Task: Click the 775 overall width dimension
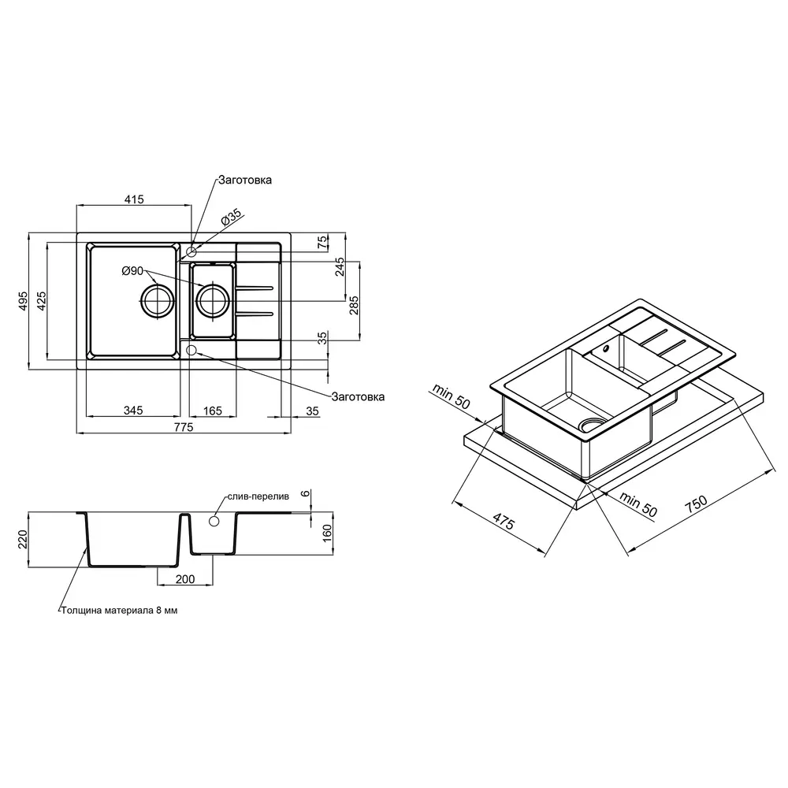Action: [184, 427]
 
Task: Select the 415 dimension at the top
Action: [134, 199]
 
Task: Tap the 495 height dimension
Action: [23, 300]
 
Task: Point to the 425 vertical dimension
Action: [42, 300]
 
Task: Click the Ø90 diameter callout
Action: [132, 271]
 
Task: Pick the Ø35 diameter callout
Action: [232, 217]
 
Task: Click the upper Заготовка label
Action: [245, 180]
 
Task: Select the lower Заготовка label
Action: [358, 396]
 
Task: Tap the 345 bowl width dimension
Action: [133, 411]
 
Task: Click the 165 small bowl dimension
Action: [213, 411]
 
